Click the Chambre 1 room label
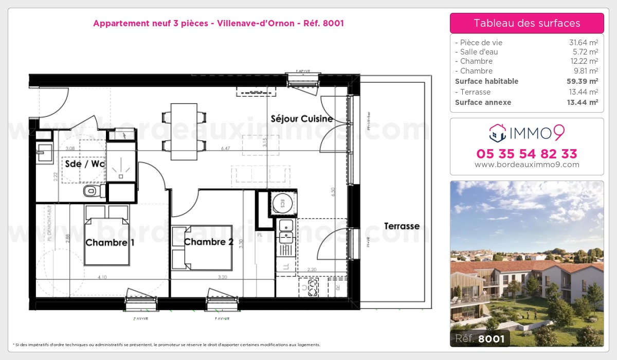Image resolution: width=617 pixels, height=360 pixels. pyautogui.click(x=110, y=242)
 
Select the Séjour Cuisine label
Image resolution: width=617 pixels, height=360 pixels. pyautogui.click(x=302, y=119)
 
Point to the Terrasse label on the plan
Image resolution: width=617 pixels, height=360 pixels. pyautogui.click(x=402, y=226)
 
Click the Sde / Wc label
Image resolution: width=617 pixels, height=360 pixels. pyautogui.click(x=84, y=164)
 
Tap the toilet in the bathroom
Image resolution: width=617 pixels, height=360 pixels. pyautogui.click(x=91, y=192)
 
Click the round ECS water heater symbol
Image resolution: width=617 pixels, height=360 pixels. pyautogui.click(x=282, y=203)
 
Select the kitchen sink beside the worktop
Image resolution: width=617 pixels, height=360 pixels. pyautogui.click(x=285, y=230)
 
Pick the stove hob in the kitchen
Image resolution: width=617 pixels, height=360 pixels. pyautogui.click(x=310, y=287)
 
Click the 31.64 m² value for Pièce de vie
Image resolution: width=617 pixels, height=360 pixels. pyautogui.click(x=580, y=43)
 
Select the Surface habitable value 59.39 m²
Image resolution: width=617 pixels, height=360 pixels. pyautogui.click(x=579, y=81)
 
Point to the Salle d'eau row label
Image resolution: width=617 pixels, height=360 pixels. pyautogui.click(x=476, y=52)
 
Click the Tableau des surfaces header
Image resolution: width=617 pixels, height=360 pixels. pyautogui.click(x=527, y=23)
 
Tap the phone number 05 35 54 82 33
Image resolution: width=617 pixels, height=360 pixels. pyautogui.click(x=527, y=154)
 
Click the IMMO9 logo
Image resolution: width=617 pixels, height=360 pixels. pyautogui.click(x=527, y=133)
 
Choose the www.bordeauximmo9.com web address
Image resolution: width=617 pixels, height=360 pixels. pyautogui.click(x=527, y=165)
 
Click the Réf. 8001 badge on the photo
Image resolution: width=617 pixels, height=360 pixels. pyautogui.click(x=480, y=338)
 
